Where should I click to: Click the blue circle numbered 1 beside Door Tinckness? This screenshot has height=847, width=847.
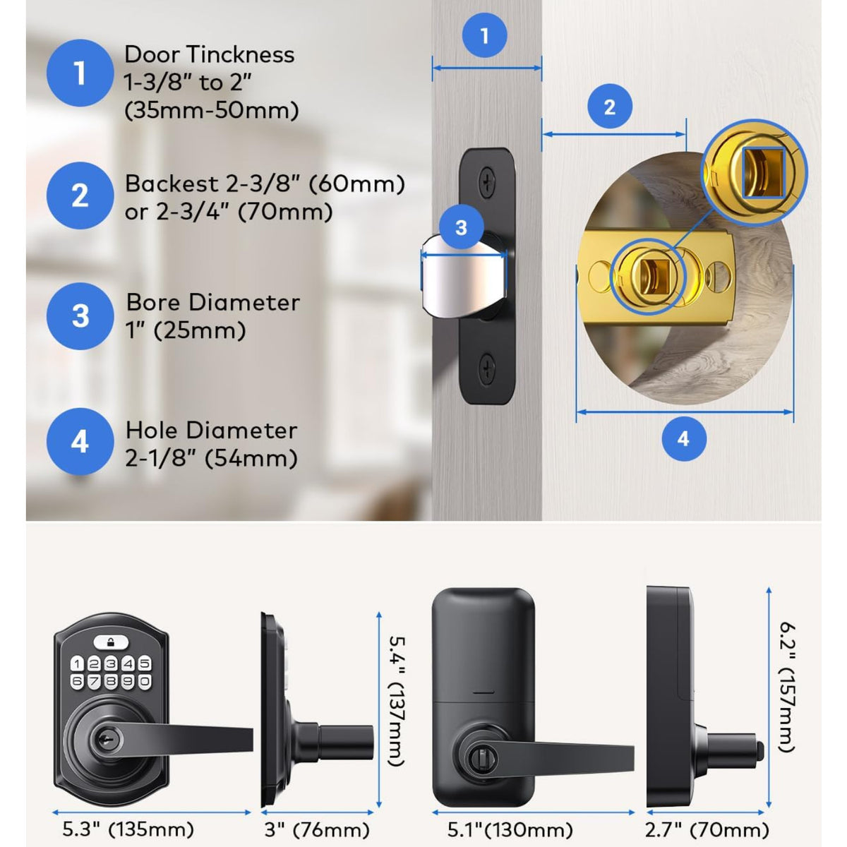point(80,73)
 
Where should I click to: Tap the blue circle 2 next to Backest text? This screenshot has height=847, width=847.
point(80,196)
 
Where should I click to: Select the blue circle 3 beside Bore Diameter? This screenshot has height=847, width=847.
point(80,316)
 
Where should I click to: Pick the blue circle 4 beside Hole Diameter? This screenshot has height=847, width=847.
point(80,442)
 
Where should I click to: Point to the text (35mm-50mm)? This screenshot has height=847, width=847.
point(211,111)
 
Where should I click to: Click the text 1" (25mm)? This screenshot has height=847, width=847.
point(186,330)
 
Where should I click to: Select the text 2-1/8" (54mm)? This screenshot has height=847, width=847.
point(211,458)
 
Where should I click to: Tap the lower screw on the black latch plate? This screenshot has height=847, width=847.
point(487,367)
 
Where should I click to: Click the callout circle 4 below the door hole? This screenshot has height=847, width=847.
point(683,438)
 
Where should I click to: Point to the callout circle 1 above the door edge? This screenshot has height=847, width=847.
point(484,35)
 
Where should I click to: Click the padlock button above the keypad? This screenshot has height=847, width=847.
point(110,642)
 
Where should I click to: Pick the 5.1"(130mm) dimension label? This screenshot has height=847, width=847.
point(510,829)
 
